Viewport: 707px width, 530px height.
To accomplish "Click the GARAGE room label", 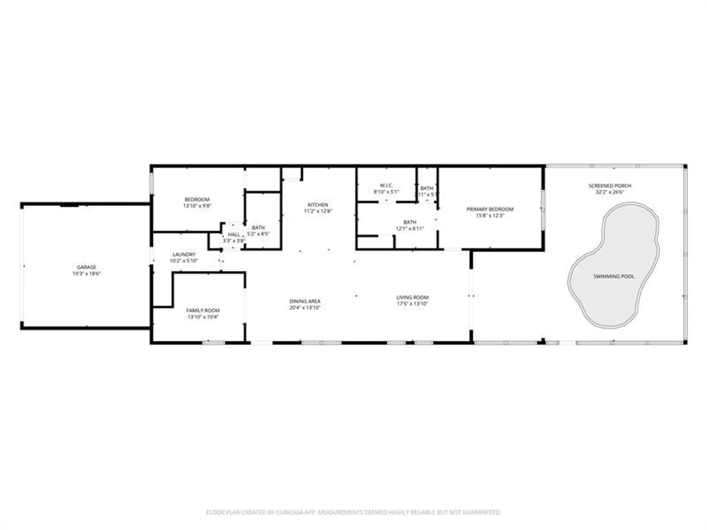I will pyautogui.click(x=87, y=267).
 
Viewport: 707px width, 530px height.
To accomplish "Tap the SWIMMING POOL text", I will pyautogui.click(x=614, y=276).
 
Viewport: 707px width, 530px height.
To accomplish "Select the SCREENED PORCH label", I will pyautogui.click(x=610, y=185).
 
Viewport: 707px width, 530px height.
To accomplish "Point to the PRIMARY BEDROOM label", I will pyautogui.click(x=490, y=209).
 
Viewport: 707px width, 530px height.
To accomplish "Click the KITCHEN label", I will pyautogui.click(x=318, y=205).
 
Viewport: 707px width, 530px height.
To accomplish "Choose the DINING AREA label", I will pyautogui.click(x=305, y=301).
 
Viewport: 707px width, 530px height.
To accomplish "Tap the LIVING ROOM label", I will pyautogui.click(x=412, y=297).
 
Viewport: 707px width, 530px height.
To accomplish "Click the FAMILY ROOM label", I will pyautogui.click(x=203, y=310).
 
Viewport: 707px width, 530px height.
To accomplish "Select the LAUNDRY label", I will pyautogui.click(x=184, y=254).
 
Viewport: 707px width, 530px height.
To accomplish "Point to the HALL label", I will pyautogui.click(x=234, y=235).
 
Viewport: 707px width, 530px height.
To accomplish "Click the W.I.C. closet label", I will pyautogui.click(x=386, y=185).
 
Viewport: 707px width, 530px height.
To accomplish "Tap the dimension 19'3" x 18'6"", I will pyautogui.click(x=87, y=273).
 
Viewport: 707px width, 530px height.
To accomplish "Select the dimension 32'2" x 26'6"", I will pyautogui.click(x=610, y=192).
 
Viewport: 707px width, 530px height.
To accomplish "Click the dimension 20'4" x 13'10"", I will pyautogui.click(x=305, y=307).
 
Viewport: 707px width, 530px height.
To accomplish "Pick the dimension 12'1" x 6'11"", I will pyautogui.click(x=410, y=229).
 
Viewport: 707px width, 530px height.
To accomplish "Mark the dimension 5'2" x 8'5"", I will pyautogui.click(x=258, y=234).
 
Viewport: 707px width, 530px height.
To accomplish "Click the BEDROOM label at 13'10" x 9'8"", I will pyautogui.click(x=197, y=199).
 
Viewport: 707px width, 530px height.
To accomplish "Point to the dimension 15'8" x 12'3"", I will pyautogui.click(x=490, y=216).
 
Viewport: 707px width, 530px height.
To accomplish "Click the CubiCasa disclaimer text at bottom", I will pyautogui.click(x=353, y=512).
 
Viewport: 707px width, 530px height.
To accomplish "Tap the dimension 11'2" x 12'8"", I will pyautogui.click(x=318, y=211).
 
